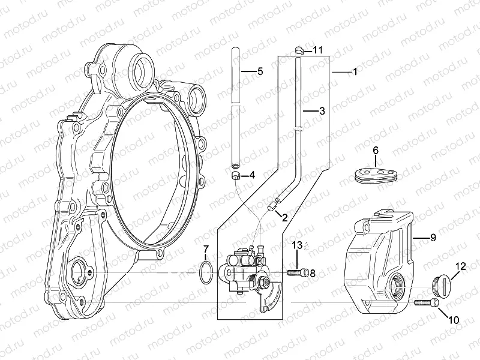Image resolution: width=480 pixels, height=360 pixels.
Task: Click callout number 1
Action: pyautogui.click(x=355, y=71)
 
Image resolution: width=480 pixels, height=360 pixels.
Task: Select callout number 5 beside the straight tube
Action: pyautogui.click(x=260, y=71)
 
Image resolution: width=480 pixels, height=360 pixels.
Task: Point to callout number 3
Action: pyautogui.click(x=322, y=111)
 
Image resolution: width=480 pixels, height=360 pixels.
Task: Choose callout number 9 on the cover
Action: pyautogui.click(x=432, y=238)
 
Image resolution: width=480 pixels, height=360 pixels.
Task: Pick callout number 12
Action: pyautogui.click(x=460, y=265)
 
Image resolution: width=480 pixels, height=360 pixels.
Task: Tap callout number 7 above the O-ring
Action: pyautogui.click(x=205, y=248)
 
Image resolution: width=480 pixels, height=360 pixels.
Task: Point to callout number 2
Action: pyautogui.click(x=284, y=218)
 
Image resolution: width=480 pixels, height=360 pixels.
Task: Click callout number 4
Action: pyautogui.click(x=251, y=176)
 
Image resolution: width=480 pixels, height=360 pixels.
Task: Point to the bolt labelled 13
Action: pyautogui.click(x=298, y=273)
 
